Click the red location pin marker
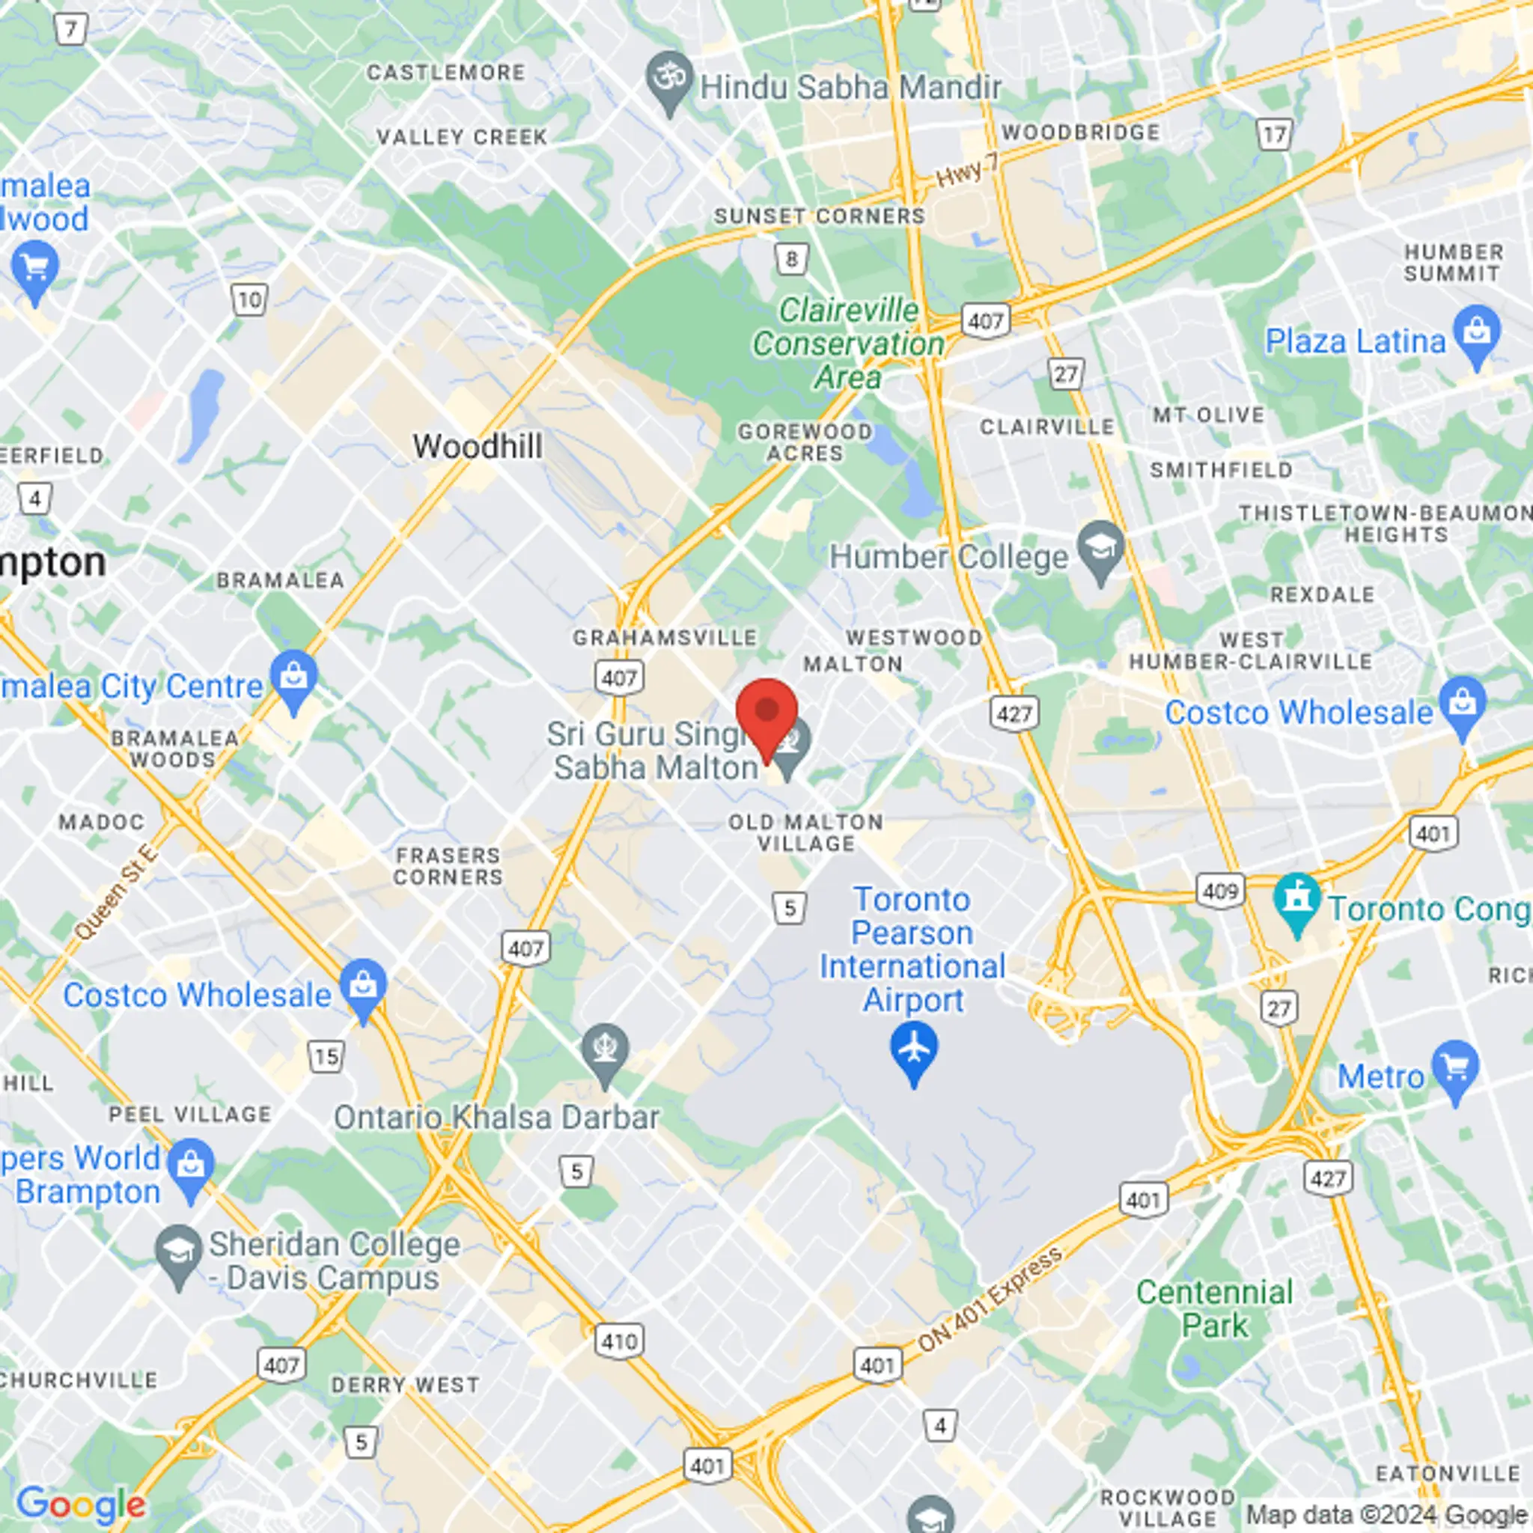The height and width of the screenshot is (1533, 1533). [766, 714]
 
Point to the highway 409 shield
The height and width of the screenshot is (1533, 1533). [1219, 891]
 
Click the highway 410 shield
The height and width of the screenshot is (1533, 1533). [619, 1340]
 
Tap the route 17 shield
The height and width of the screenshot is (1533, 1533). [1274, 135]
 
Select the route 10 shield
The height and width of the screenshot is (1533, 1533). [249, 300]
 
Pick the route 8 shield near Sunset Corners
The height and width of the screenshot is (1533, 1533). [791, 259]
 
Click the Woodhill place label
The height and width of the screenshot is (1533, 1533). [478, 447]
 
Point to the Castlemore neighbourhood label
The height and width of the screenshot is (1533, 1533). [445, 73]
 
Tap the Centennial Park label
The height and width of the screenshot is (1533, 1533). [1214, 1308]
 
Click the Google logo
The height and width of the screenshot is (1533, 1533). [81, 1502]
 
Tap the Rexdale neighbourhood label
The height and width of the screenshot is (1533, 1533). [1322, 594]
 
